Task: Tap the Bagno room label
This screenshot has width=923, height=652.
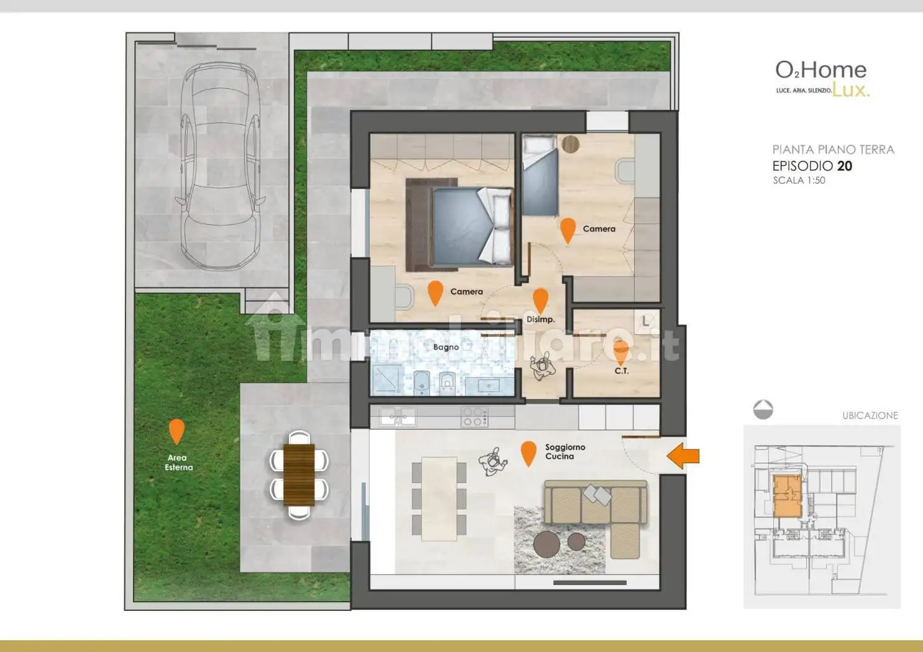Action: [x=446, y=347]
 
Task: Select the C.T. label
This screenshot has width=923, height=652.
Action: [x=621, y=371]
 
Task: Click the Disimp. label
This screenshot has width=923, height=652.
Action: [x=540, y=319]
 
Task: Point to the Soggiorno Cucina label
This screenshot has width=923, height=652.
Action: [x=565, y=451]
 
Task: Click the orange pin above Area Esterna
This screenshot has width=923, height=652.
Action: [x=177, y=431]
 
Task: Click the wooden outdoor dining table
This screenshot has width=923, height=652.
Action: [x=299, y=474]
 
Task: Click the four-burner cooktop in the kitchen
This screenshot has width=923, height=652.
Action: [x=475, y=417]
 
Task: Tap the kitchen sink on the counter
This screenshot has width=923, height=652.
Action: [x=398, y=417]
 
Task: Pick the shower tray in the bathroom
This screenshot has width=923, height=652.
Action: [x=388, y=378]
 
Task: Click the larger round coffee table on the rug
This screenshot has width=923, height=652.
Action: [x=547, y=544]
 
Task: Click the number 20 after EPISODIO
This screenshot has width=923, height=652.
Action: [x=845, y=166]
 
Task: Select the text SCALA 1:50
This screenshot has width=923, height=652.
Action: [x=799, y=181]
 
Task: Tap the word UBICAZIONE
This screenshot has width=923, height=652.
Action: [x=870, y=415]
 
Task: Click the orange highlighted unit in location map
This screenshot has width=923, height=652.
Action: [x=788, y=496]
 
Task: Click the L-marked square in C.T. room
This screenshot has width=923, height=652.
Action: [x=646, y=321]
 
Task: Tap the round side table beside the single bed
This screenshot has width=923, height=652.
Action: [x=571, y=144]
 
